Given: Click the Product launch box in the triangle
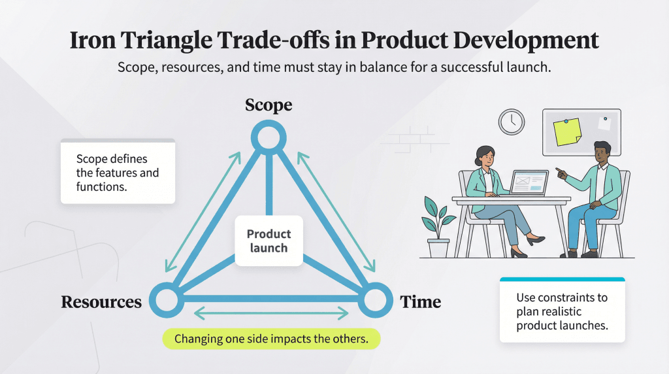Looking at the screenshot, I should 269,241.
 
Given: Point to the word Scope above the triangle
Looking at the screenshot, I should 269,105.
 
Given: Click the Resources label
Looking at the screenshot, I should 101,302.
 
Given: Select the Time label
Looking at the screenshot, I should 420,302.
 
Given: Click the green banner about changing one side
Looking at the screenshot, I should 271,340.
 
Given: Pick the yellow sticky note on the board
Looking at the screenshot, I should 566,132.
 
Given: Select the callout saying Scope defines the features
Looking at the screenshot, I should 118,172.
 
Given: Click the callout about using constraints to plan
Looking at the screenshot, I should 562,311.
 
